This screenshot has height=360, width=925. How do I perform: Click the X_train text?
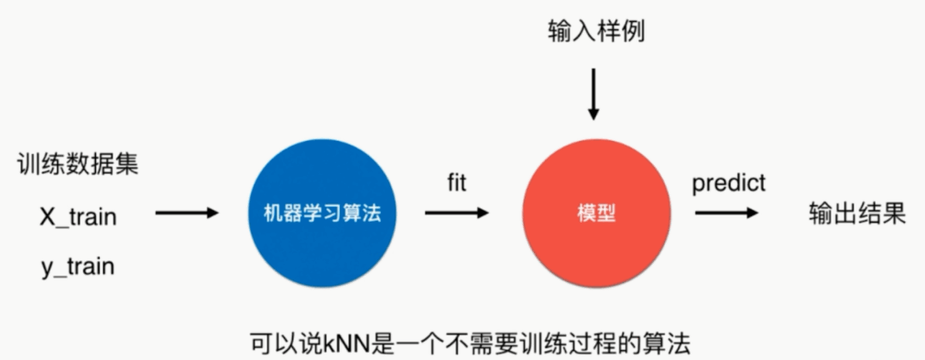77,217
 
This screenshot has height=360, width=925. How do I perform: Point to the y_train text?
77,267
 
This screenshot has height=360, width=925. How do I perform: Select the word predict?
728,182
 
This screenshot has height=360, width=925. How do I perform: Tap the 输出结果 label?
857,214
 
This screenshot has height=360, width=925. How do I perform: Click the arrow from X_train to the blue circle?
187,213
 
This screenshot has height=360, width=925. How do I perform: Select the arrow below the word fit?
457,213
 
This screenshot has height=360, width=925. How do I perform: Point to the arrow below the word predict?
726,213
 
